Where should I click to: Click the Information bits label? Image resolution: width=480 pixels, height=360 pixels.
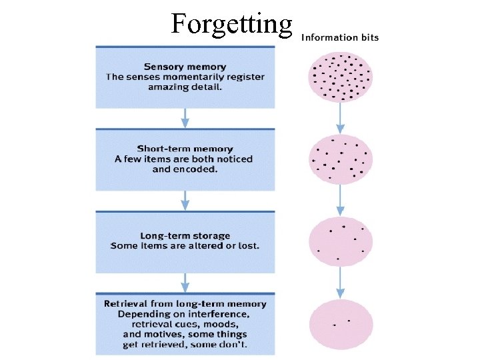click(340, 37)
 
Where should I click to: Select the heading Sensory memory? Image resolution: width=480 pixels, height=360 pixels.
click(185, 66)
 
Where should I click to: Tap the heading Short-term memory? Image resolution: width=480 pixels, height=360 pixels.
click(185, 148)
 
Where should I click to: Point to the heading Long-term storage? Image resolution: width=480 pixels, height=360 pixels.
click(185, 235)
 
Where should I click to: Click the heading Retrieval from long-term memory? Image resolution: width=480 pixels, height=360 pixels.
click(185, 303)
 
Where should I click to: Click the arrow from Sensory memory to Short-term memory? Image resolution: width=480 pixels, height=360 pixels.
click(185, 118)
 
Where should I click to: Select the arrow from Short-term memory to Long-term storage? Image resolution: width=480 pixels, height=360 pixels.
click(185, 201)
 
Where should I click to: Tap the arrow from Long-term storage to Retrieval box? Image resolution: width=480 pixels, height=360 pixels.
click(185, 283)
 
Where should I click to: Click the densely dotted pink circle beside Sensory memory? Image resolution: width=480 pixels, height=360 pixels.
click(341, 77)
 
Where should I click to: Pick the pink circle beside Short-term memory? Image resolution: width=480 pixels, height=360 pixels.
click(341, 160)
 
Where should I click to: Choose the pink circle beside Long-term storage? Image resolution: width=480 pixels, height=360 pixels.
click(341, 242)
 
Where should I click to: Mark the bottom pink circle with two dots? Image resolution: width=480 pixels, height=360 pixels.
click(341, 323)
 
